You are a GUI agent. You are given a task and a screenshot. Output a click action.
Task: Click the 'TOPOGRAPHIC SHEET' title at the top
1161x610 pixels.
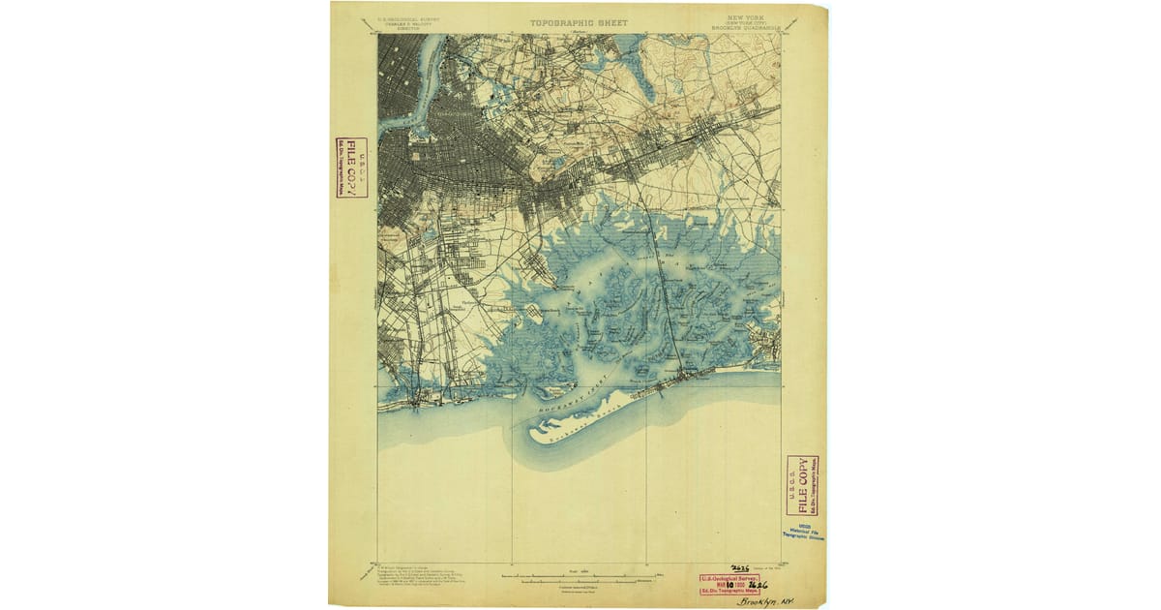click(x=578, y=23)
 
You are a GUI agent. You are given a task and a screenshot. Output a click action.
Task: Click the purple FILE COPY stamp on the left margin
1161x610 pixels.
click(x=351, y=167)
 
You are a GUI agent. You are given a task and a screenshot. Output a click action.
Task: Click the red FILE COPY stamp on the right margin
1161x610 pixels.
click(x=802, y=485)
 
